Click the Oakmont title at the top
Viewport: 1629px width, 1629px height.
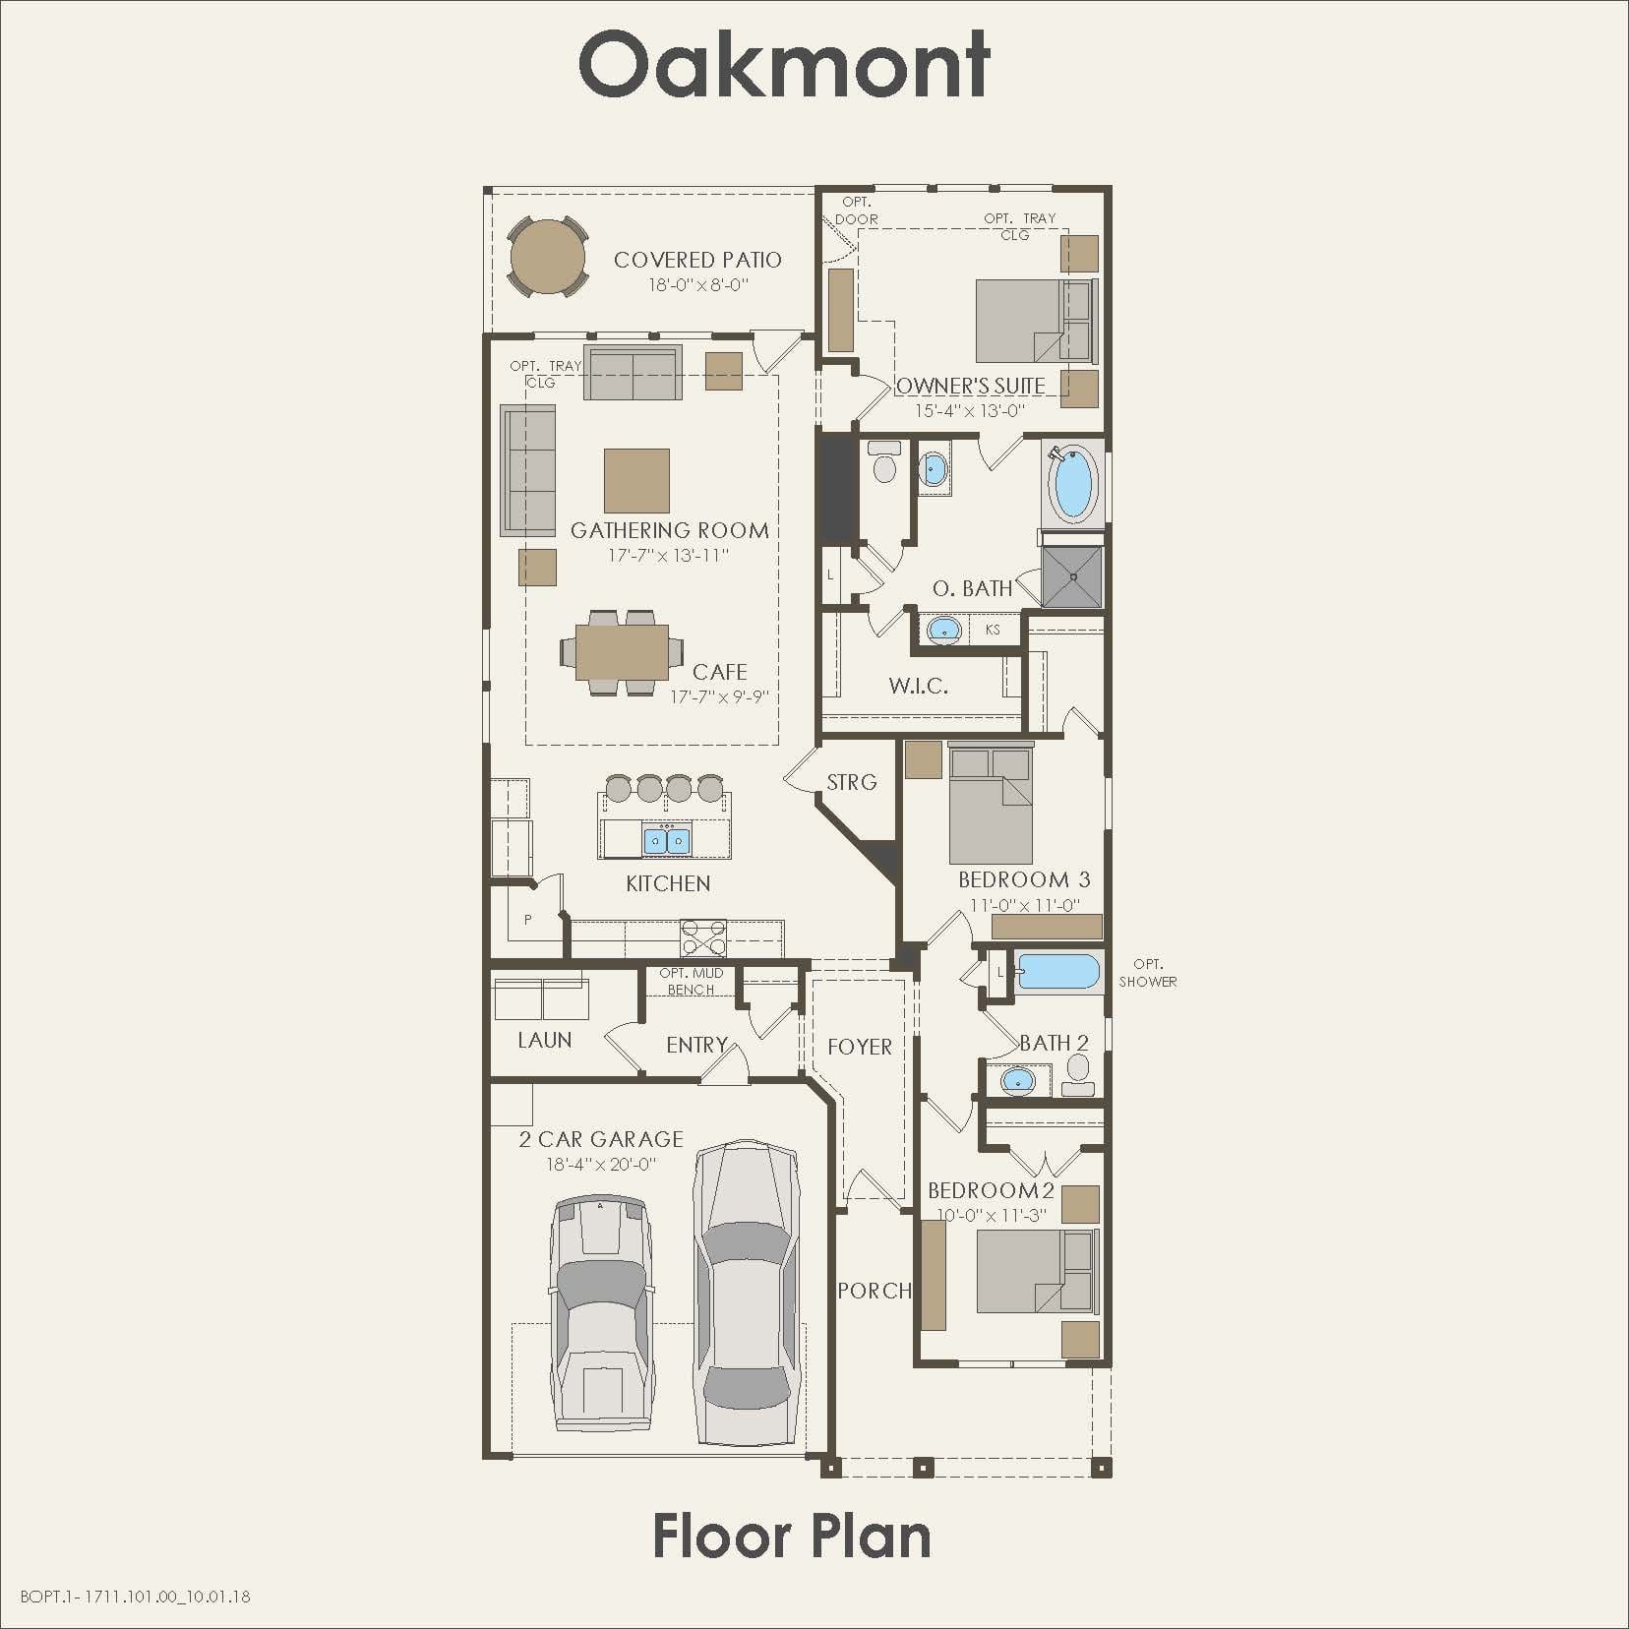pyautogui.click(x=784, y=64)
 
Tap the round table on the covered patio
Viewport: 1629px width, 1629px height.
pyautogui.click(x=548, y=258)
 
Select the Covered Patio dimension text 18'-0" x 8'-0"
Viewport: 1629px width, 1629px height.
pyautogui.click(x=697, y=285)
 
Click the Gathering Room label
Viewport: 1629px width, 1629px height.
pyautogui.click(x=669, y=530)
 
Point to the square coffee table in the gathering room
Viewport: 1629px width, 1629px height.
pyautogui.click(x=636, y=481)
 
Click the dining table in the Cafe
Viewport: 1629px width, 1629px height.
pyautogui.click(x=622, y=652)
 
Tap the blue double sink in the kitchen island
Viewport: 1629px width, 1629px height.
pyautogui.click(x=667, y=841)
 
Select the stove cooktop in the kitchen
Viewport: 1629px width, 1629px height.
pyautogui.click(x=703, y=937)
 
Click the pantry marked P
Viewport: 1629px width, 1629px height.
pyautogui.click(x=528, y=920)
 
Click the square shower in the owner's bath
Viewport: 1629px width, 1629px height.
pyautogui.click(x=1072, y=577)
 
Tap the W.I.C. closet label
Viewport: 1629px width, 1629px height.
pyautogui.click(x=918, y=686)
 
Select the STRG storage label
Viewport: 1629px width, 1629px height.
pyautogui.click(x=851, y=782)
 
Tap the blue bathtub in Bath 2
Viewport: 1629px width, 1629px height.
pyautogui.click(x=1058, y=971)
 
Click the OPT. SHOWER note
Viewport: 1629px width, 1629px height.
pyautogui.click(x=1147, y=973)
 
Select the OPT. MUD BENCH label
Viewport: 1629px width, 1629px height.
pyautogui.click(x=691, y=981)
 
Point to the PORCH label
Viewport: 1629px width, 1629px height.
pyautogui.click(x=874, y=1290)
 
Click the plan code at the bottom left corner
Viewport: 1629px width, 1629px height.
pyautogui.click(x=135, y=1596)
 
